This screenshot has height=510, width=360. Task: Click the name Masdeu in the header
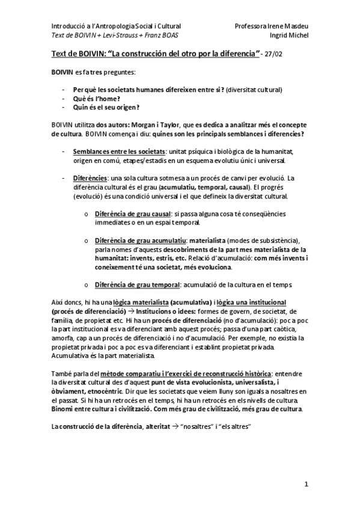pyautogui.click(x=296, y=26)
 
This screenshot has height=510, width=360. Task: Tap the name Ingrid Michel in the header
pyautogui.click(x=291, y=35)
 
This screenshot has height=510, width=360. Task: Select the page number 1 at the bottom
pyautogui.click(x=306, y=484)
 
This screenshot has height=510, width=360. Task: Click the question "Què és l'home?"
pyautogui.click(x=93, y=98)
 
